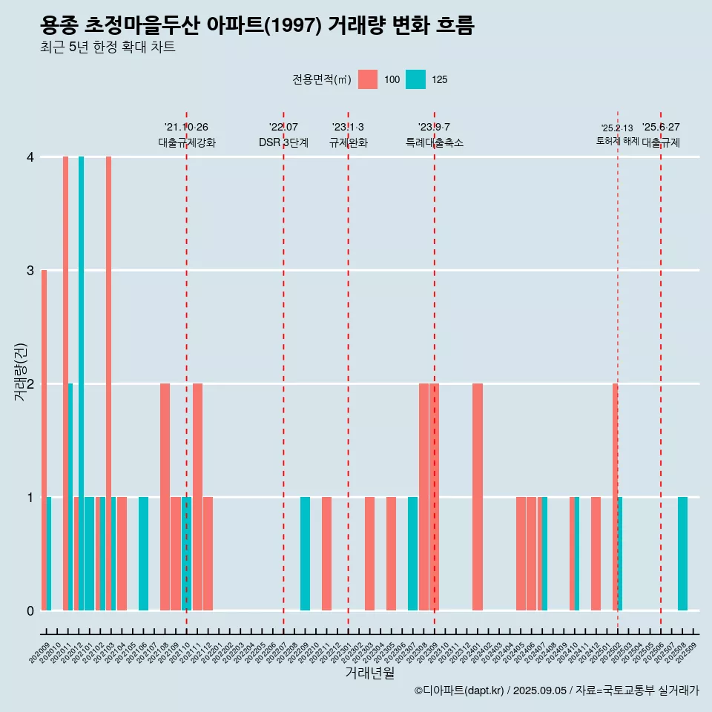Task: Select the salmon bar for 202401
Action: coord(478,497)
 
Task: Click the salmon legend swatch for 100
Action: coord(368,79)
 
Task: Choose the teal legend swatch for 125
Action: coord(415,79)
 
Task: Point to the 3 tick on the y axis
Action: coord(30,270)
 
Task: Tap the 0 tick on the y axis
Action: coord(30,610)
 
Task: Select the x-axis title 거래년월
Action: coord(369,673)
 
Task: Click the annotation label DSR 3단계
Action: coord(283,142)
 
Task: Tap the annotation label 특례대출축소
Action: coord(435,142)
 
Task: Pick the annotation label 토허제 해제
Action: coord(617,141)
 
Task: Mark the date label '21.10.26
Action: coord(186,127)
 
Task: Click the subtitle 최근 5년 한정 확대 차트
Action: coord(108,47)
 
